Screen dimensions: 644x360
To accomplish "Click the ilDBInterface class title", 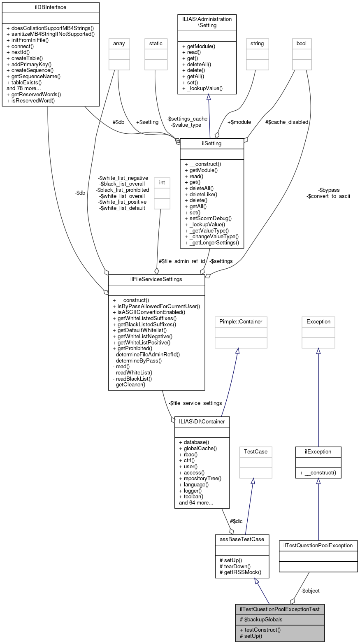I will (x=51, y=7).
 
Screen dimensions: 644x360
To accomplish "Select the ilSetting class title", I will (x=212, y=143).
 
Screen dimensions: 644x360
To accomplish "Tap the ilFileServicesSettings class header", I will (x=156, y=279).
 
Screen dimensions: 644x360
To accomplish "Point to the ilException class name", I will (x=318, y=451).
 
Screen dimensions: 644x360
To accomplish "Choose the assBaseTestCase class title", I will (x=242, y=539).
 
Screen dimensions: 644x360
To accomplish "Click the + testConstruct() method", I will (x=260, y=630).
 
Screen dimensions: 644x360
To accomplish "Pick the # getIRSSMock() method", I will (x=241, y=572).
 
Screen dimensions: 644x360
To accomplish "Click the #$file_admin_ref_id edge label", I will (x=182, y=261).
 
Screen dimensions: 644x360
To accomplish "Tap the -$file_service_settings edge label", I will (x=195, y=403).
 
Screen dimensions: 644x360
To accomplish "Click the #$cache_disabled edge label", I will (x=287, y=122).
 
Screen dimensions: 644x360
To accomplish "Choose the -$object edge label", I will (x=310, y=591).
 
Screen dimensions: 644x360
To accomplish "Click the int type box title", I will (x=162, y=182).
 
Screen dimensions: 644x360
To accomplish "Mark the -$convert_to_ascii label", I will (x=328, y=196).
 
